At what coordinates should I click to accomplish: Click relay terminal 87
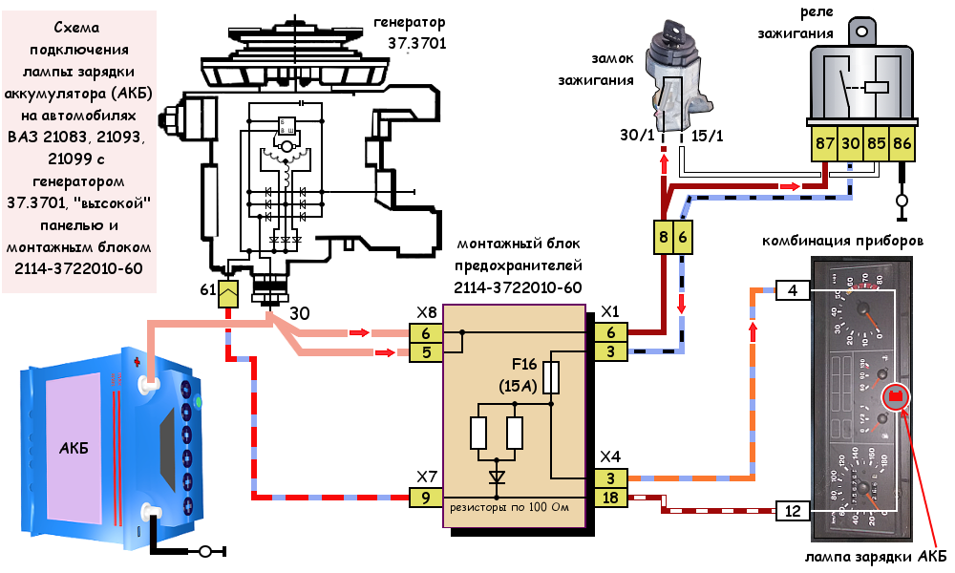click(x=824, y=145)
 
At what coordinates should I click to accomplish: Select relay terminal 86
click(x=903, y=145)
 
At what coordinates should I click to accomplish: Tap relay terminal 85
click(x=877, y=145)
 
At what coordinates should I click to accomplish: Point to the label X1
click(x=609, y=311)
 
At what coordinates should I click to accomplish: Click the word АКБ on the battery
click(x=73, y=448)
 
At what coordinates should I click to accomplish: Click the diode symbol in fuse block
click(x=497, y=476)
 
